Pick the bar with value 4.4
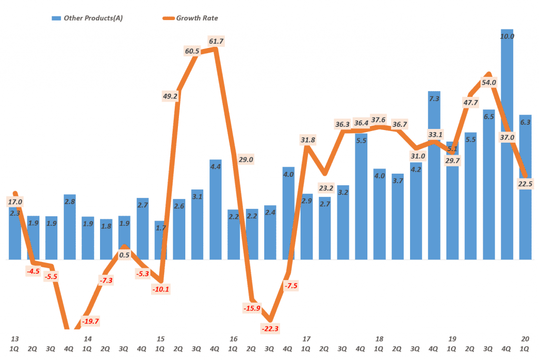pyautogui.click(x=215, y=211)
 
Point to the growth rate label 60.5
pyautogui.click(x=192, y=51)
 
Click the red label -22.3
pyautogui.click(x=270, y=328)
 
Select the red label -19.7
pyautogui.click(x=91, y=321)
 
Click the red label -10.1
pyautogui.click(x=161, y=289)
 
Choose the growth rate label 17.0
pyautogui.click(x=15, y=202)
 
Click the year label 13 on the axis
pyautogui.click(x=15, y=338)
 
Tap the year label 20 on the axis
pyautogui.click(x=525, y=338)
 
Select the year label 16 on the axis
pyautogui.click(x=234, y=338)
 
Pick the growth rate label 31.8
pyautogui.click(x=308, y=139)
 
